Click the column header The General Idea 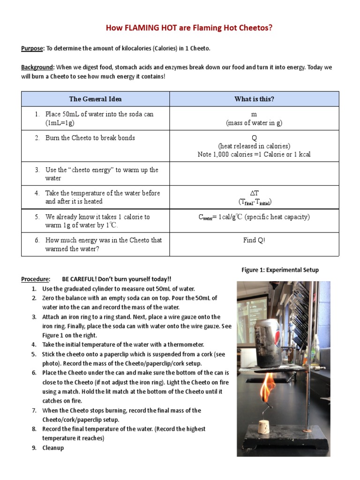pyautogui.click(x=95, y=99)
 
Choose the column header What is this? pyautogui.click(x=254, y=99)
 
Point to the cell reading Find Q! pyautogui.click(x=254, y=240)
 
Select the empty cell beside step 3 pyautogui.click(x=254, y=174)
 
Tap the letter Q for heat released pyautogui.click(x=254, y=138)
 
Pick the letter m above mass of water pyautogui.click(x=254, y=114)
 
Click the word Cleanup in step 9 pyautogui.click(x=53, y=448)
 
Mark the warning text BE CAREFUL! pyautogui.click(x=81, y=279)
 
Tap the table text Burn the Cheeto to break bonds pyautogui.click(x=90, y=138)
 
